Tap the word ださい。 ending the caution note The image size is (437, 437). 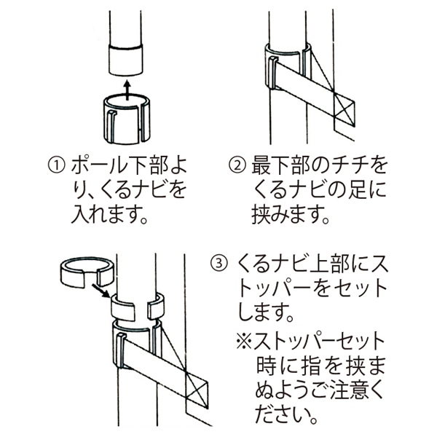(x=287, y=416)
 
